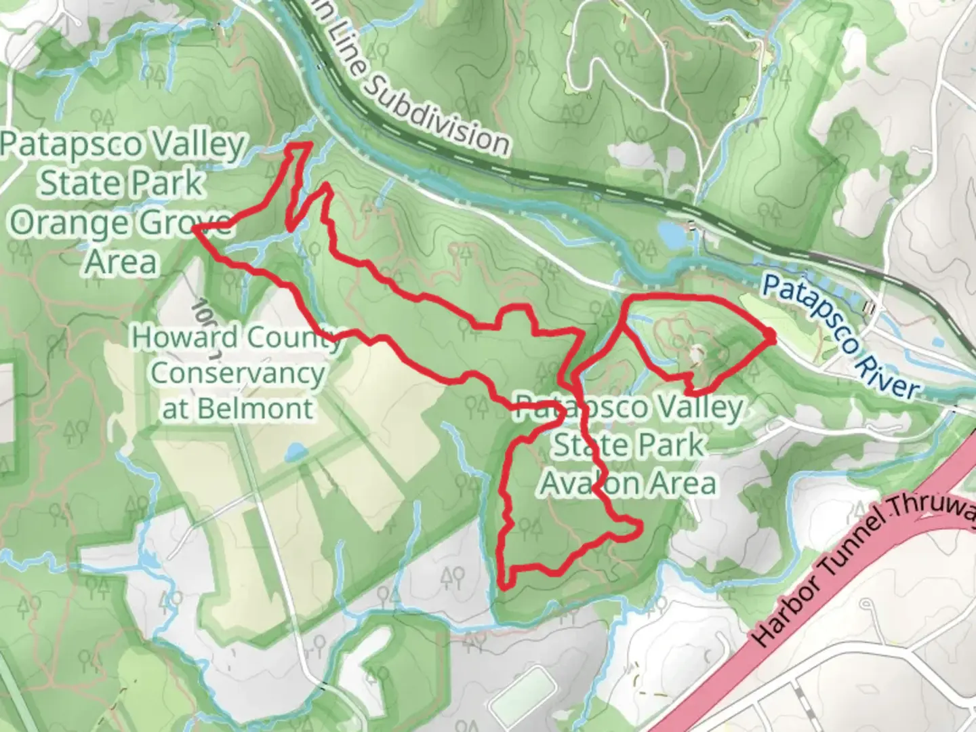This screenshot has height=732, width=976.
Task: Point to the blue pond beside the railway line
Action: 670,235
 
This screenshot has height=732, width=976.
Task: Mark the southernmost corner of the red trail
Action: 503,584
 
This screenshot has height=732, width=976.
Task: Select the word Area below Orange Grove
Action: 122,261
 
